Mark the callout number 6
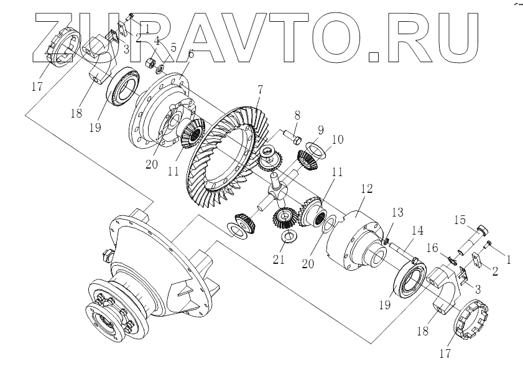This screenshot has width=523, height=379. click(x=190, y=54)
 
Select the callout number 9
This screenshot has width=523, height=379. click(x=320, y=131)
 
